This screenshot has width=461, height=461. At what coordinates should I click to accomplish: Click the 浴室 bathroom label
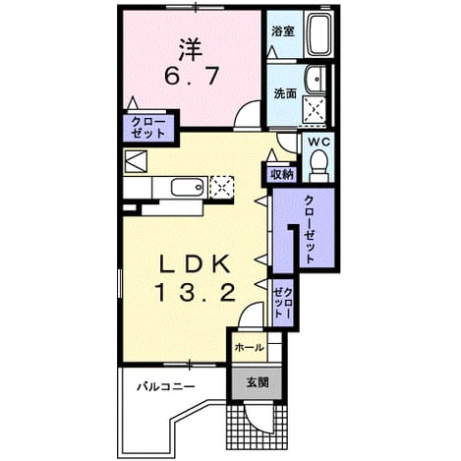tap(283, 31)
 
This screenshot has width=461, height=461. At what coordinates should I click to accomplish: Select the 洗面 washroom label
tap(285, 94)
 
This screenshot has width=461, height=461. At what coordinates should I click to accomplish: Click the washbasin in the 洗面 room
tap(316, 80)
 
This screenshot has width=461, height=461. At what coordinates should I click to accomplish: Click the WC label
tap(318, 143)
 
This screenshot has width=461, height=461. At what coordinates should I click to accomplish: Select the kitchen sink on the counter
tap(188, 188)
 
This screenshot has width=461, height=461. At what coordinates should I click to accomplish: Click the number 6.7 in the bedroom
tap(192, 77)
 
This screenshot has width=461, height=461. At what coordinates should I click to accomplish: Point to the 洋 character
tap(191, 50)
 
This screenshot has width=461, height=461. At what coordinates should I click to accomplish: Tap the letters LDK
tap(194, 264)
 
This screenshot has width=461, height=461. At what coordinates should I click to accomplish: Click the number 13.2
tap(196, 293)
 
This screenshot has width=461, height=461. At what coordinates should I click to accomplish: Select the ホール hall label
tap(250, 347)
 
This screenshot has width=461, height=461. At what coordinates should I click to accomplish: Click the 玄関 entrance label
tap(258, 382)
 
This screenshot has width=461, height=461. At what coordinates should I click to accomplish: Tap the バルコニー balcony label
tap(166, 387)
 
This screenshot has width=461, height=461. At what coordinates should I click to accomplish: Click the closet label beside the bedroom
tap(148, 128)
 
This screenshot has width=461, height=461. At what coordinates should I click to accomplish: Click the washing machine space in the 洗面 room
tap(315, 111)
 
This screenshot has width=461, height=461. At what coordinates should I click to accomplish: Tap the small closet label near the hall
tap(283, 303)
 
